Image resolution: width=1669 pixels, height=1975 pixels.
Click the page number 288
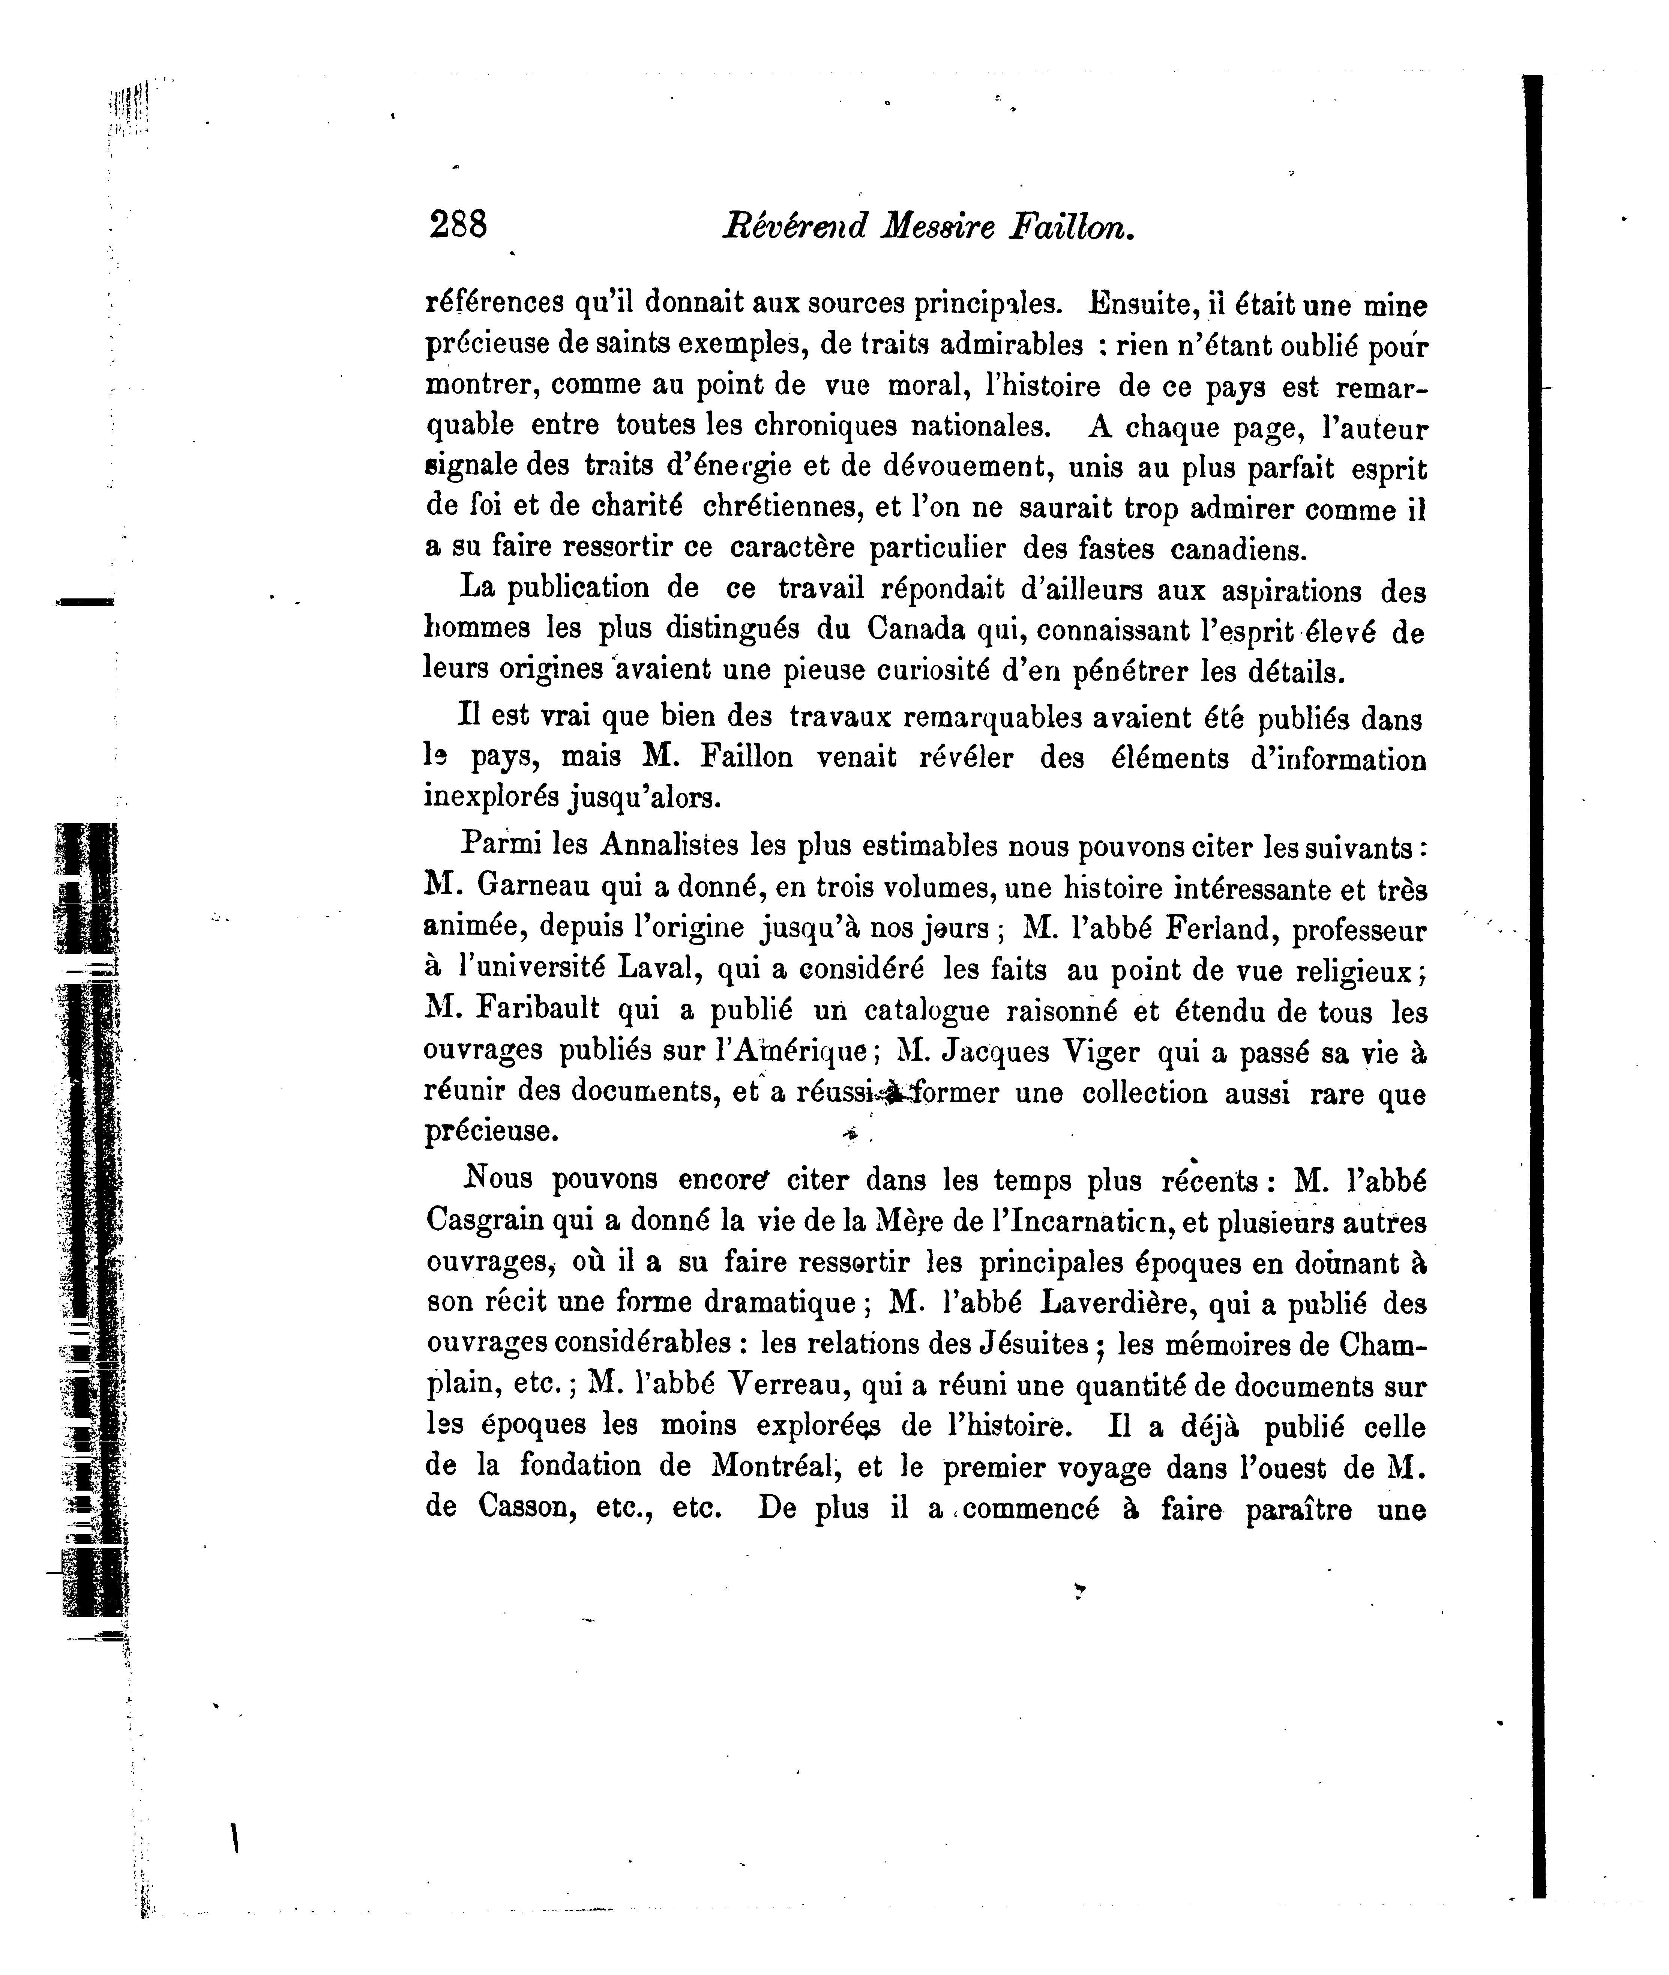tap(458, 225)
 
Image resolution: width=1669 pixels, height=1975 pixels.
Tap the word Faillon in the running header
tap(1072, 227)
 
